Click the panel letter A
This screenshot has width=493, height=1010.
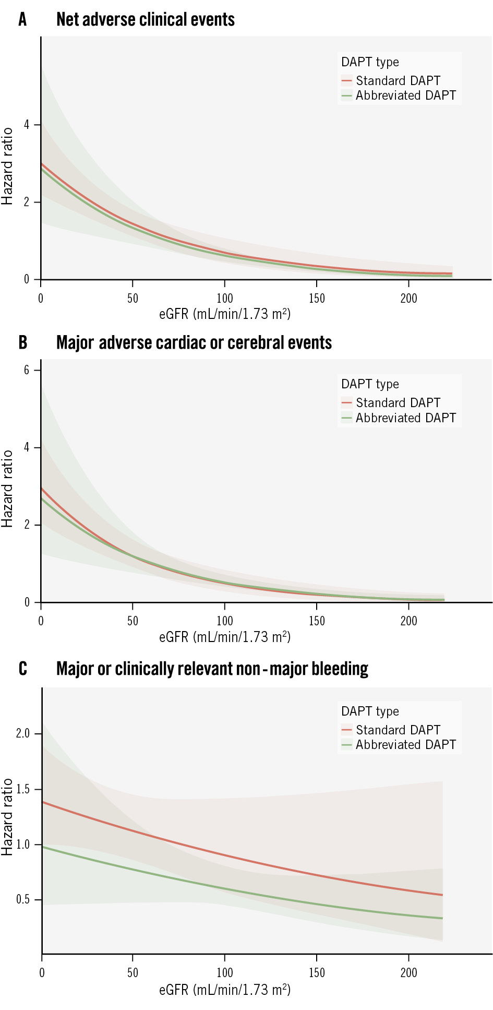click(x=22, y=20)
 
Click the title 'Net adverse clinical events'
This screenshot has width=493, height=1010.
click(x=145, y=20)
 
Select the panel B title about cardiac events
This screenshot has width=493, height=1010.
click(x=194, y=343)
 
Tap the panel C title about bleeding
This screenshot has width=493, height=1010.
click(x=212, y=669)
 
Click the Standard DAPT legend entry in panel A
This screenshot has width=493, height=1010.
click(x=398, y=81)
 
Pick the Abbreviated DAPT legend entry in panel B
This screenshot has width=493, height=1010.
click(x=405, y=418)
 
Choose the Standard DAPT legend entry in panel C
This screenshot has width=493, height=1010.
click(x=398, y=730)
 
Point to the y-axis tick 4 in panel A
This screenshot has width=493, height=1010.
click(x=26, y=125)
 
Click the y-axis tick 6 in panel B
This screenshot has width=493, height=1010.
click(x=26, y=370)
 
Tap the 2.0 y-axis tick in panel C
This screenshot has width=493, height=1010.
click(x=22, y=733)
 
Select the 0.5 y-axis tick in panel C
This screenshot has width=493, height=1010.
click(x=22, y=899)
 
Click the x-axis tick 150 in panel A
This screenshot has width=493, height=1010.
click(x=317, y=299)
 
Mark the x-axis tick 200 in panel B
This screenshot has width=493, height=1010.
click(x=408, y=621)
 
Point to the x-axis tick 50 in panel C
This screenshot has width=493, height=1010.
click(x=133, y=972)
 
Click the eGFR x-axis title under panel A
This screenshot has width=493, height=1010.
click(x=224, y=314)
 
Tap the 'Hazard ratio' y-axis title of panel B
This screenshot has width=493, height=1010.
click(x=7, y=489)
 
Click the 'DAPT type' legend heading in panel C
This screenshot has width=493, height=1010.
click(x=369, y=711)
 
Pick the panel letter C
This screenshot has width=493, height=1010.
click(x=22, y=669)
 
